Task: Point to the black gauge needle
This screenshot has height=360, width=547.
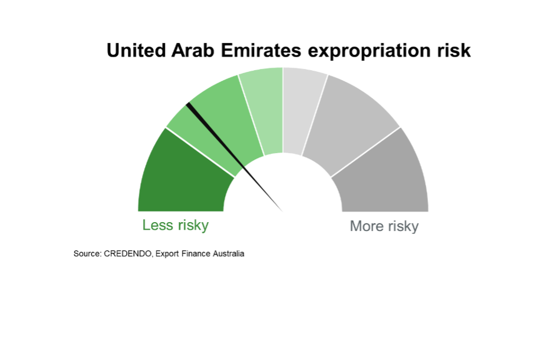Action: click(x=234, y=157)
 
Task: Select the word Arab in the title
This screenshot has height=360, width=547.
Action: click(x=193, y=50)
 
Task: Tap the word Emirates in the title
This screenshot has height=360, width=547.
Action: click(x=261, y=50)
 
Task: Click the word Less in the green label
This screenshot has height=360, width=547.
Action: click(x=157, y=225)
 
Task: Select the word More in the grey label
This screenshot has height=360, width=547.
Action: click(x=367, y=226)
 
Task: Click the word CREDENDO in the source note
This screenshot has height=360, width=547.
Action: click(x=128, y=253)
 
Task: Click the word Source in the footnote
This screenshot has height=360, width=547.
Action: click(x=87, y=253)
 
